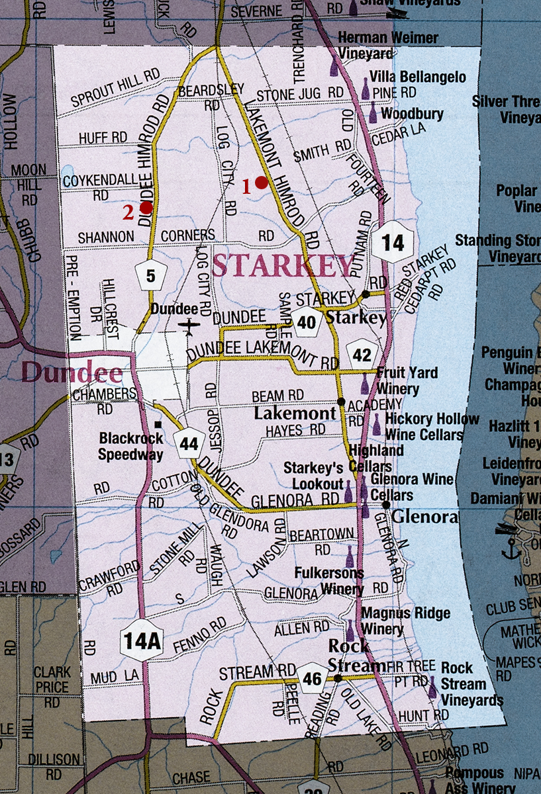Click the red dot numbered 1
(x=261, y=183)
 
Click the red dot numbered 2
(x=146, y=207)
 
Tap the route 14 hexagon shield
(x=393, y=243)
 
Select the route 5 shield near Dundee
(x=151, y=277)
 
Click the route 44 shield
(x=189, y=444)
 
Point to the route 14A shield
(x=142, y=640)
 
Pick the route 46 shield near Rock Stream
(x=313, y=678)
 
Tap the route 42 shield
(x=362, y=355)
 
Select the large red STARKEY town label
(x=283, y=266)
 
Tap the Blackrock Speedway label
(x=130, y=447)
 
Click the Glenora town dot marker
(x=386, y=505)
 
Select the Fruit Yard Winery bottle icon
(x=365, y=382)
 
